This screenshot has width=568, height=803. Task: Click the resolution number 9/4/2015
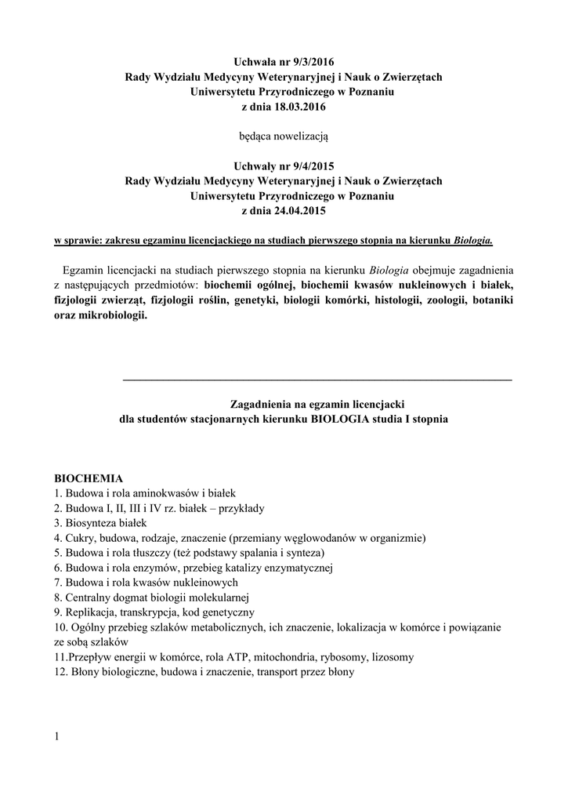point(318,165)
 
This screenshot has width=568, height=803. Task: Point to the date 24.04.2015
point(296,210)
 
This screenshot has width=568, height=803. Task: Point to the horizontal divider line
point(317,380)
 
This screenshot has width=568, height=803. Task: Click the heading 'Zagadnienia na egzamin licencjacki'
point(317,404)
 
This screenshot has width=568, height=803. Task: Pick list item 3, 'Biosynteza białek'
point(105,522)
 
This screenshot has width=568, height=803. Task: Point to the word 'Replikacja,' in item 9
point(90,612)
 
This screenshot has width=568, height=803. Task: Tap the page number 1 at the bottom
point(57,736)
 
